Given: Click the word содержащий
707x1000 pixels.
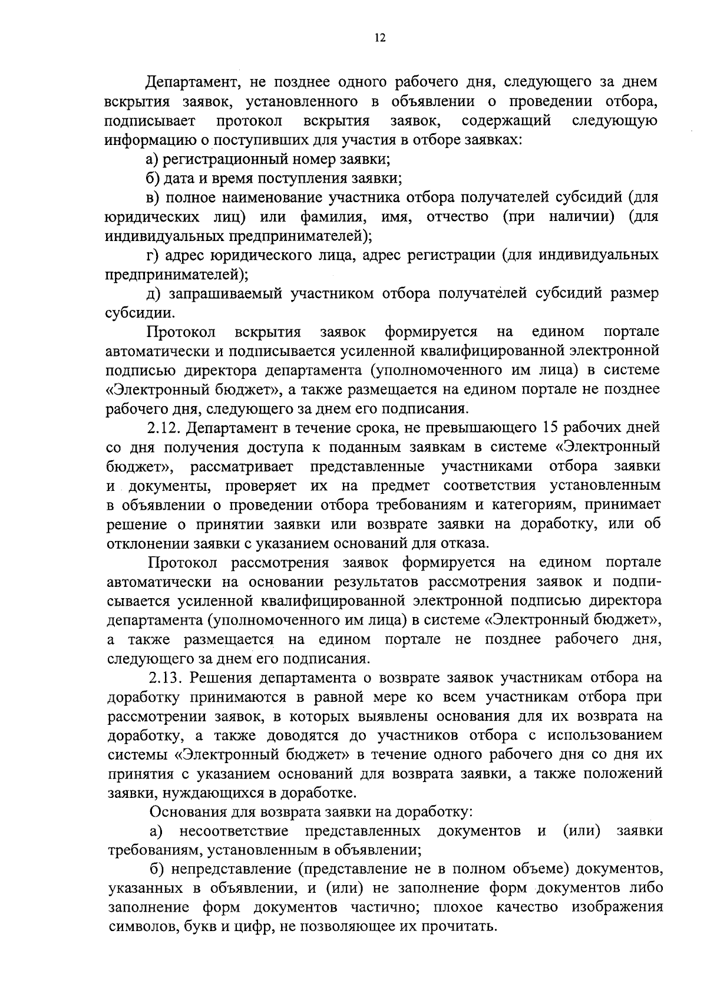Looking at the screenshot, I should point(507,121).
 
